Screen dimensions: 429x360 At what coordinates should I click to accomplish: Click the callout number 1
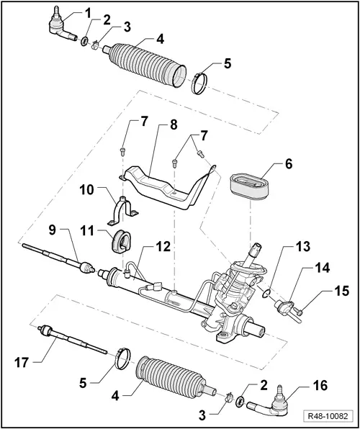tap(88, 12)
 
